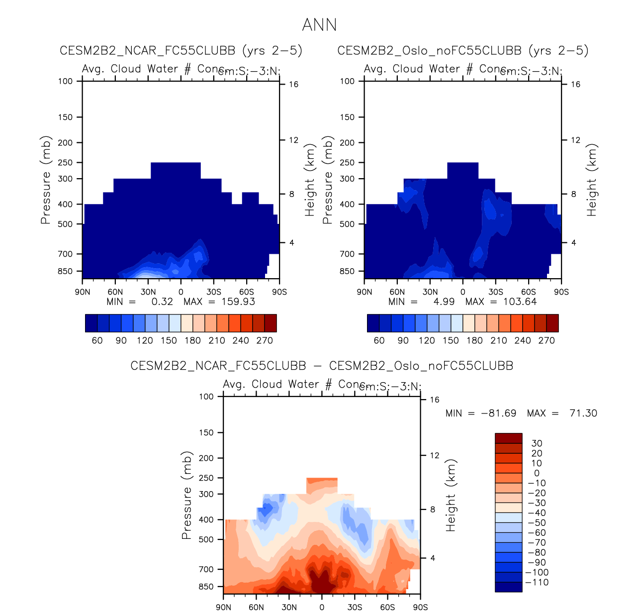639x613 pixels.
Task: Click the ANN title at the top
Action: (x=319, y=25)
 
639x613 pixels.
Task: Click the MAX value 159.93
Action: (x=238, y=302)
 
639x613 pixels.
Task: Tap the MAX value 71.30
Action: (x=583, y=413)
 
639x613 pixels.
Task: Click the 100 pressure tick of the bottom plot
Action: (x=206, y=397)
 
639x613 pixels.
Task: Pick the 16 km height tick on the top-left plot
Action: (x=294, y=85)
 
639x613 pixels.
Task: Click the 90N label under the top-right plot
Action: (x=365, y=292)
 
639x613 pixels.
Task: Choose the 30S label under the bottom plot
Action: (x=355, y=608)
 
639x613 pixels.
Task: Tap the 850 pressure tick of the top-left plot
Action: (x=65, y=271)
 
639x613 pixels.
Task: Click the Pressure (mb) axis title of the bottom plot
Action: (x=186, y=496)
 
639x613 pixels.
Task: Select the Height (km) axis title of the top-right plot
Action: (x=591, y=180)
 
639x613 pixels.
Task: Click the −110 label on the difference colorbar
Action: (x=537, y=583)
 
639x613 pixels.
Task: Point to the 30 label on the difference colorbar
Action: (x=537, y=443)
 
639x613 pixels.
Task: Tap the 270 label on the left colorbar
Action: (x=265, y=341)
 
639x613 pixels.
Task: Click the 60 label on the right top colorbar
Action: (x=379, y=341)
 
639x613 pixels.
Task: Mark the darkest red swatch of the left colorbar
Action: (x=271, y=323)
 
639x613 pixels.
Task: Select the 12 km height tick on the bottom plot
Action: (x=435, y=455)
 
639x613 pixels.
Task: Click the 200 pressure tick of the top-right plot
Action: (x=347, y=143)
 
